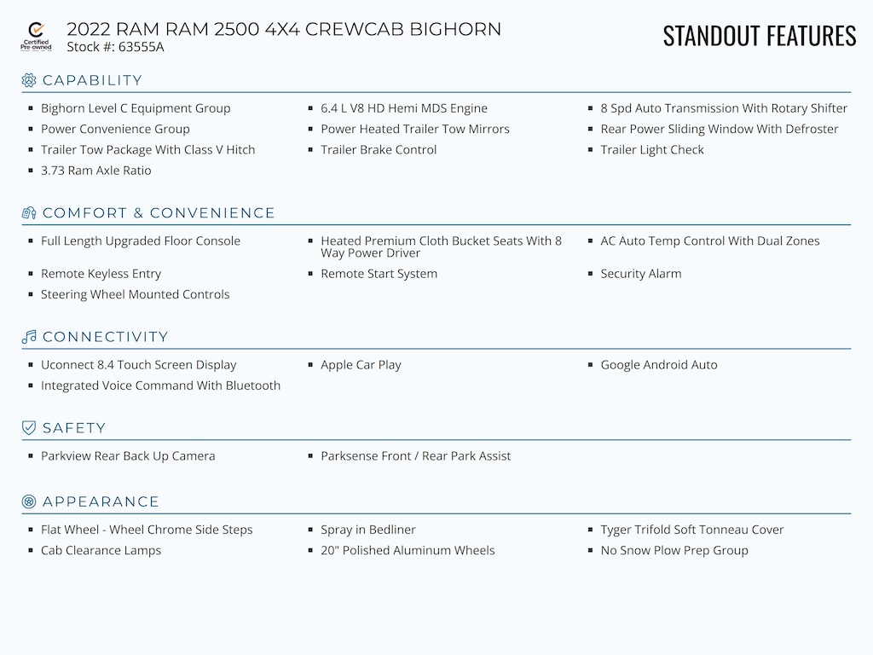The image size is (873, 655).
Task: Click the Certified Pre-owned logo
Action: [36, 37]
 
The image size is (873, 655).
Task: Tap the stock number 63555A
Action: [141, 47]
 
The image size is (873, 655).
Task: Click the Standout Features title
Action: [760, 36]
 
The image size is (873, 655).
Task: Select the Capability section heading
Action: [92, 80]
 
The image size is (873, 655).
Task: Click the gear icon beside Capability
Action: [29, 80]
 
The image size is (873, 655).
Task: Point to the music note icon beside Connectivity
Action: [29, 336]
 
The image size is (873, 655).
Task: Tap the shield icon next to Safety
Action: [29, 428]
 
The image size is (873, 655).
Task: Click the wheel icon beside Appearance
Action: [29, 501]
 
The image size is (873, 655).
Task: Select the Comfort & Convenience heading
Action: [159, 212]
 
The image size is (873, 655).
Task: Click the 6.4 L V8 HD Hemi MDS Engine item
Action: [403, 108]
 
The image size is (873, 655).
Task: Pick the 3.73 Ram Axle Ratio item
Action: [95, 171]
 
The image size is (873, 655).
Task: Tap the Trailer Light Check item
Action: [652, 150]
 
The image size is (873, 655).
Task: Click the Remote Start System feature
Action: [379, 274]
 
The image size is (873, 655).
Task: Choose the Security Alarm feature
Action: [641, 274]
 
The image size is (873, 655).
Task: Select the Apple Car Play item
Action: [361, 365]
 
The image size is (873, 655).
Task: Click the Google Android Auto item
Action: [659, 365]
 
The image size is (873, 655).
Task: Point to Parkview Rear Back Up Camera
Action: [128, 456]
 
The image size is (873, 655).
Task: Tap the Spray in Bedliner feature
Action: [368, 530]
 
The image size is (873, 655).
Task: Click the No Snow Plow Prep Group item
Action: [674, 550]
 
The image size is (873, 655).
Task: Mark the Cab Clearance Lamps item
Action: [101, 550]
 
